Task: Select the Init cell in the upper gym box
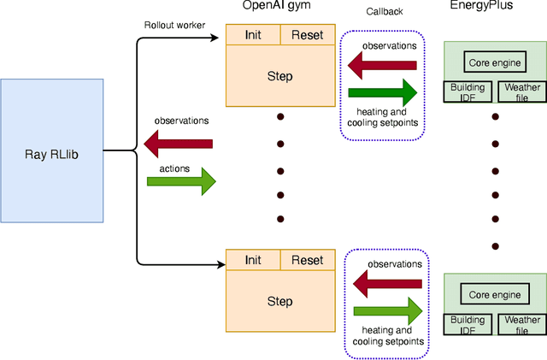(252, 35)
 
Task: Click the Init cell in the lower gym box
(252, 260)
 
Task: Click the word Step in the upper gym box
(279, 76)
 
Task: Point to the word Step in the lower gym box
(279, 301)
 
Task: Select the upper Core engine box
(495, 62)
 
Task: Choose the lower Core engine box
(495, 294)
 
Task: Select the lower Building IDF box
(468, 325)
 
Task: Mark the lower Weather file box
(522, 325)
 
